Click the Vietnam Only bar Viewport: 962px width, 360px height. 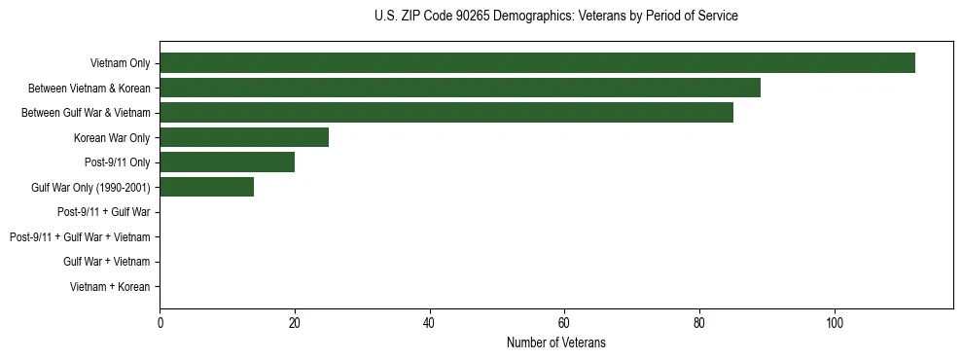click(x=537, y=63)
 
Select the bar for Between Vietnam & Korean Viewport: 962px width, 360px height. click(x=460, y=89)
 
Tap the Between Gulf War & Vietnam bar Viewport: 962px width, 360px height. click(x=446, y=113)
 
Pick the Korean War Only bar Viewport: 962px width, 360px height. click(x=244, y=137)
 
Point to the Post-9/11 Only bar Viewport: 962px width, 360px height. click(x=227, y=162)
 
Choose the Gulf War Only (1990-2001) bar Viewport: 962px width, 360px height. click(x=207, y=187)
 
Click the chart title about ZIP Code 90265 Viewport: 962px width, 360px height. click(x=555, y=17)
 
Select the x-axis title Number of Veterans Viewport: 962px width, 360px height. click(x=555, y=342)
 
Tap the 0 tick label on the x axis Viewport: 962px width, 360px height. click(x=160, y=322)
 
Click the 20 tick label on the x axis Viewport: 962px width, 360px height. click(x=295, y=322)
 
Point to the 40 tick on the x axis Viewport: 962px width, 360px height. click(x=429, y=322)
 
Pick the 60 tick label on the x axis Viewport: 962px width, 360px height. click(x=564, y=322)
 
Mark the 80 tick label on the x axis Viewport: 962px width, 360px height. click(x=698, y=322)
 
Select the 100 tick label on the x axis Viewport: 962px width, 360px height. click(x=834, y=322)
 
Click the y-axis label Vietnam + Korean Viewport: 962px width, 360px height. click(x=110, y=287)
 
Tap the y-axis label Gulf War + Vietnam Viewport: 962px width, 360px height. click(x=106, y=262)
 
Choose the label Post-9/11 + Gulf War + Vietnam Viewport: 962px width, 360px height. click(x=80, y=237)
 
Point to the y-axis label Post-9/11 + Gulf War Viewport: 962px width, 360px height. click(x=103, y=212)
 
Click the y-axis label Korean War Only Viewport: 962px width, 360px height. click(x=112, y=138)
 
